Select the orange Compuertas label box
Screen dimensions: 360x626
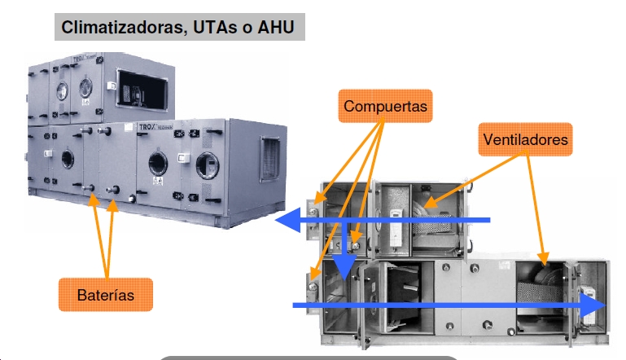[384, 107]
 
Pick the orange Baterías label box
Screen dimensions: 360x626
[107, 294]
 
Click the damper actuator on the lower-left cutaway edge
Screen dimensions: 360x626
[313, 284]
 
